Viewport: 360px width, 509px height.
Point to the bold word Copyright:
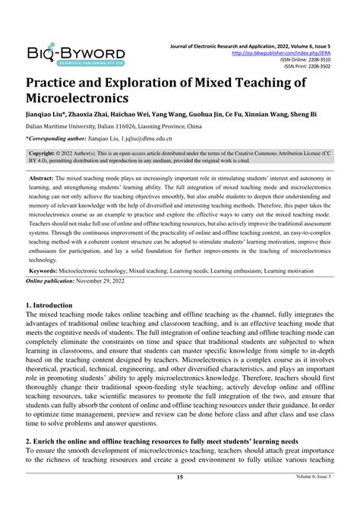[48, 152]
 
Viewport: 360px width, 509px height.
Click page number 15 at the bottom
[180, 498]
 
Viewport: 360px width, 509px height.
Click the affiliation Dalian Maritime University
[67, 127]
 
